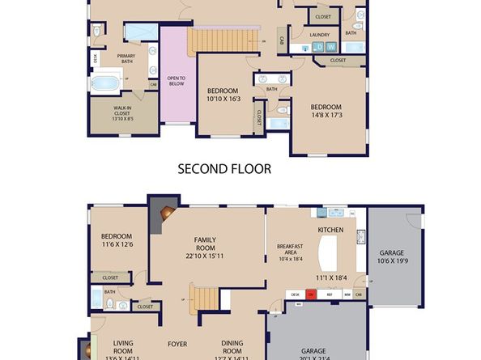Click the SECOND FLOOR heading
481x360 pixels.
pyautogui.click(x=224, y=169)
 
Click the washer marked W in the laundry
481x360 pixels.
pyautogui.click(x=330, y=47)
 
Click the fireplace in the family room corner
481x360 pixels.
pyautogui.click(x=166, y=214)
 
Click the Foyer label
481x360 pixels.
pyautogui.click(x=177, y=344)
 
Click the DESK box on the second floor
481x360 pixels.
pyautogui.click(x=96, y=57)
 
